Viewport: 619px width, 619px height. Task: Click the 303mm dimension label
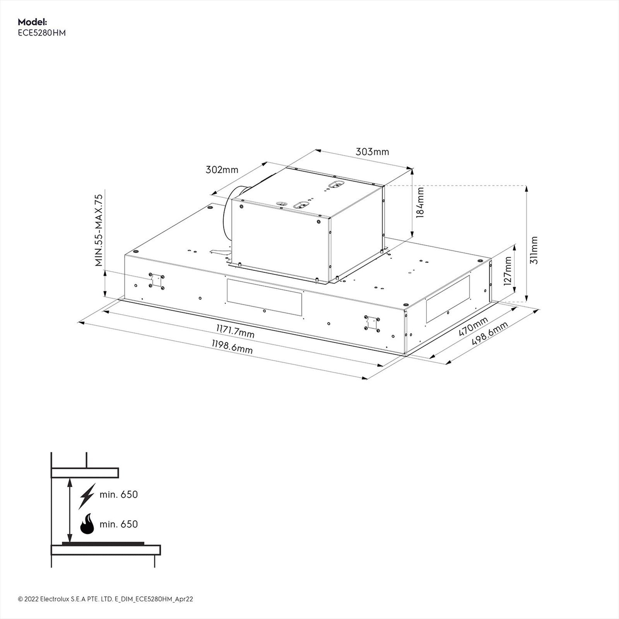372,152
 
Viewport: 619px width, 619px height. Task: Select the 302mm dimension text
222,169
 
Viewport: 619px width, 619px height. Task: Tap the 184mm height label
420,203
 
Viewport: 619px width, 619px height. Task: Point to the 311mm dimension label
534,250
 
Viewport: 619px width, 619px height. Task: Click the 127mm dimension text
508,271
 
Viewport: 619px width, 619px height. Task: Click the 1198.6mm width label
232,347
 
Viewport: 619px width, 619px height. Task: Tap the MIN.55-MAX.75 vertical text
99,230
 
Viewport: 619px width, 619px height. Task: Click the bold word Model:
32,22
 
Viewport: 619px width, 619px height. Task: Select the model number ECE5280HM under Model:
42,33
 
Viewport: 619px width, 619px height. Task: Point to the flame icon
87,524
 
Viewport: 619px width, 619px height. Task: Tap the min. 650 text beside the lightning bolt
118,494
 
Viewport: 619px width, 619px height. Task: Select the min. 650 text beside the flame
118,524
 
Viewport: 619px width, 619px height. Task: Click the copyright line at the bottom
105,599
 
